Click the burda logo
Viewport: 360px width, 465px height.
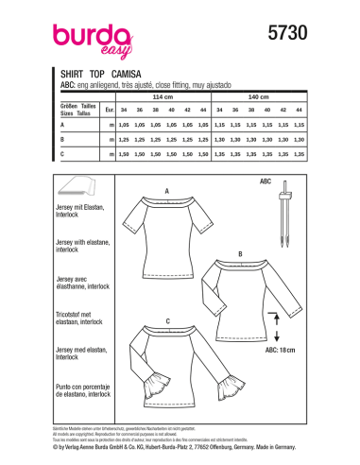point(79,37)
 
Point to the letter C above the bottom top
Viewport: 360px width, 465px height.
point(166,322)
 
